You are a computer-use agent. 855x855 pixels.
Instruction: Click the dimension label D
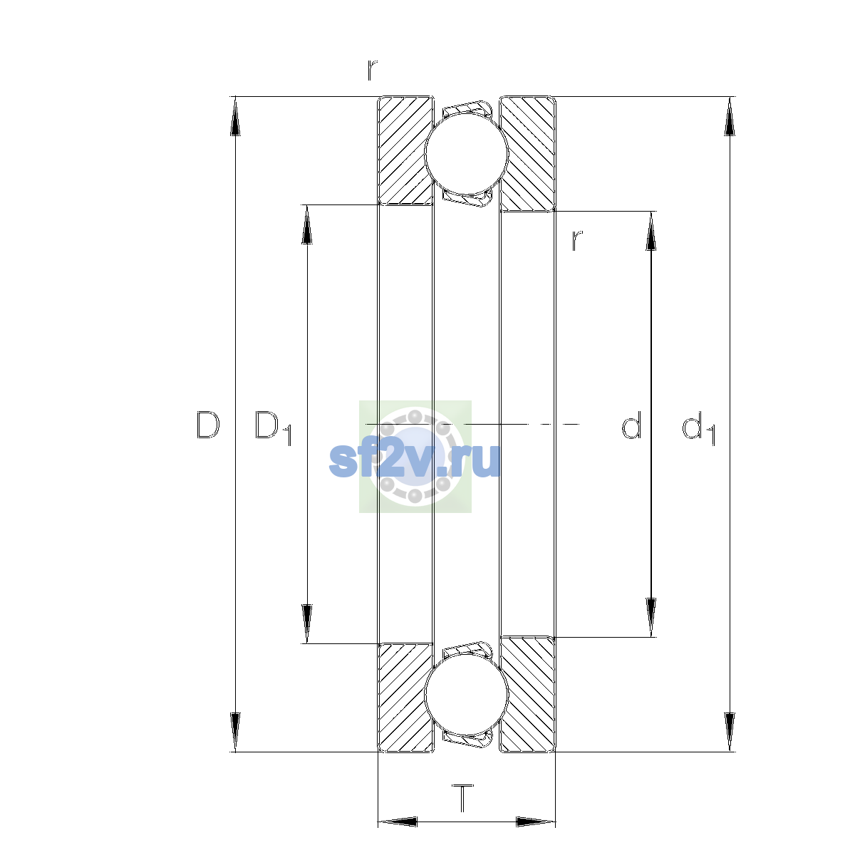[207, 425]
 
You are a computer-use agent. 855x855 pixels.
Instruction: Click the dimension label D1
[273, 427]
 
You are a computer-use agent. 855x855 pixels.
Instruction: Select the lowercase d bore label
[631, 425]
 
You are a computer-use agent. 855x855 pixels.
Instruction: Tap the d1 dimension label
[698, 427]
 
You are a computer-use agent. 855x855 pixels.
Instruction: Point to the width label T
[463, 798]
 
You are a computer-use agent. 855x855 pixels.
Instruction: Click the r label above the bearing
[372, 70]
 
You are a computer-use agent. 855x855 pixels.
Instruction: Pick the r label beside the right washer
[577, 241]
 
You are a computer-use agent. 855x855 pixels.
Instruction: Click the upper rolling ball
[466, 153]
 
